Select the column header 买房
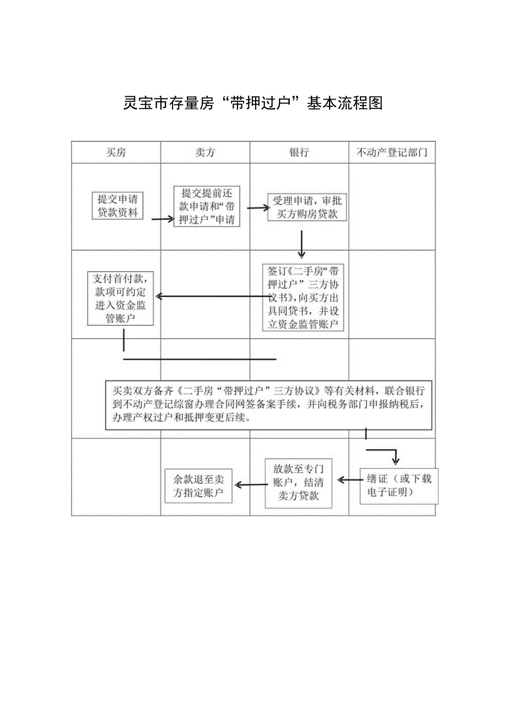tap(116, 152)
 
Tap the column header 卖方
tap(205, 152)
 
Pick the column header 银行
tap(299, 152)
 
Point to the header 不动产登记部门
tap(392, 152)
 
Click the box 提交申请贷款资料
tap(117, 205)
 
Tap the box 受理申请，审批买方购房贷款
tap(307, 207)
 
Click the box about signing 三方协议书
tap(303, 297)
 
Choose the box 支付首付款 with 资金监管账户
tap(120, 297)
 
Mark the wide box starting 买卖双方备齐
tap(268, 405)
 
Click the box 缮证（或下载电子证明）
tap(400, 485)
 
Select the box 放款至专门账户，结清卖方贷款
tap(299, 483)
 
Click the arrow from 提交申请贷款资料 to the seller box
tap(163, 219)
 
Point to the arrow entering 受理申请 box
tap(257, 208)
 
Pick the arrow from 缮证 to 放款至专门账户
tap(349, 480)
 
